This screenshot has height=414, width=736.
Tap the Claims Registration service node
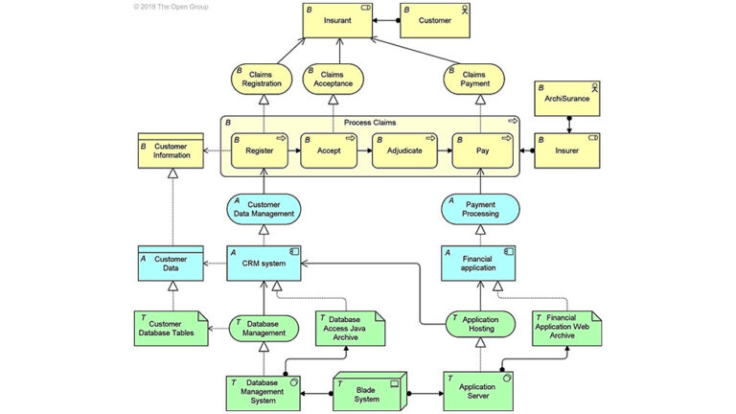[x=257, y=78]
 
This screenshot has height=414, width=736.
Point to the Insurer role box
[x=567, y=150]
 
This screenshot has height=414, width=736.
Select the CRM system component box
[x=265, y=263]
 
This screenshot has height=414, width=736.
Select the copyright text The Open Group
[x=172, y=6]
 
